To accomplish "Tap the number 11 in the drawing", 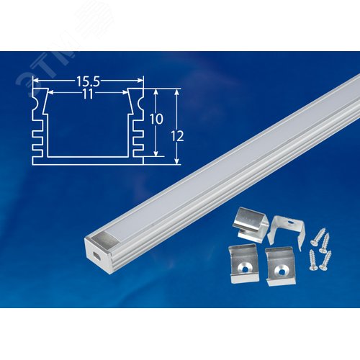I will (88, 84).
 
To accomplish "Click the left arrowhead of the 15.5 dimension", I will (33, 79).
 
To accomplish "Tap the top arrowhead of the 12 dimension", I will (176, 91).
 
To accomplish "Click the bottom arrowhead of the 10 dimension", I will (156, 153).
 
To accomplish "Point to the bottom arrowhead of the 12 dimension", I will (176, 161).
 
